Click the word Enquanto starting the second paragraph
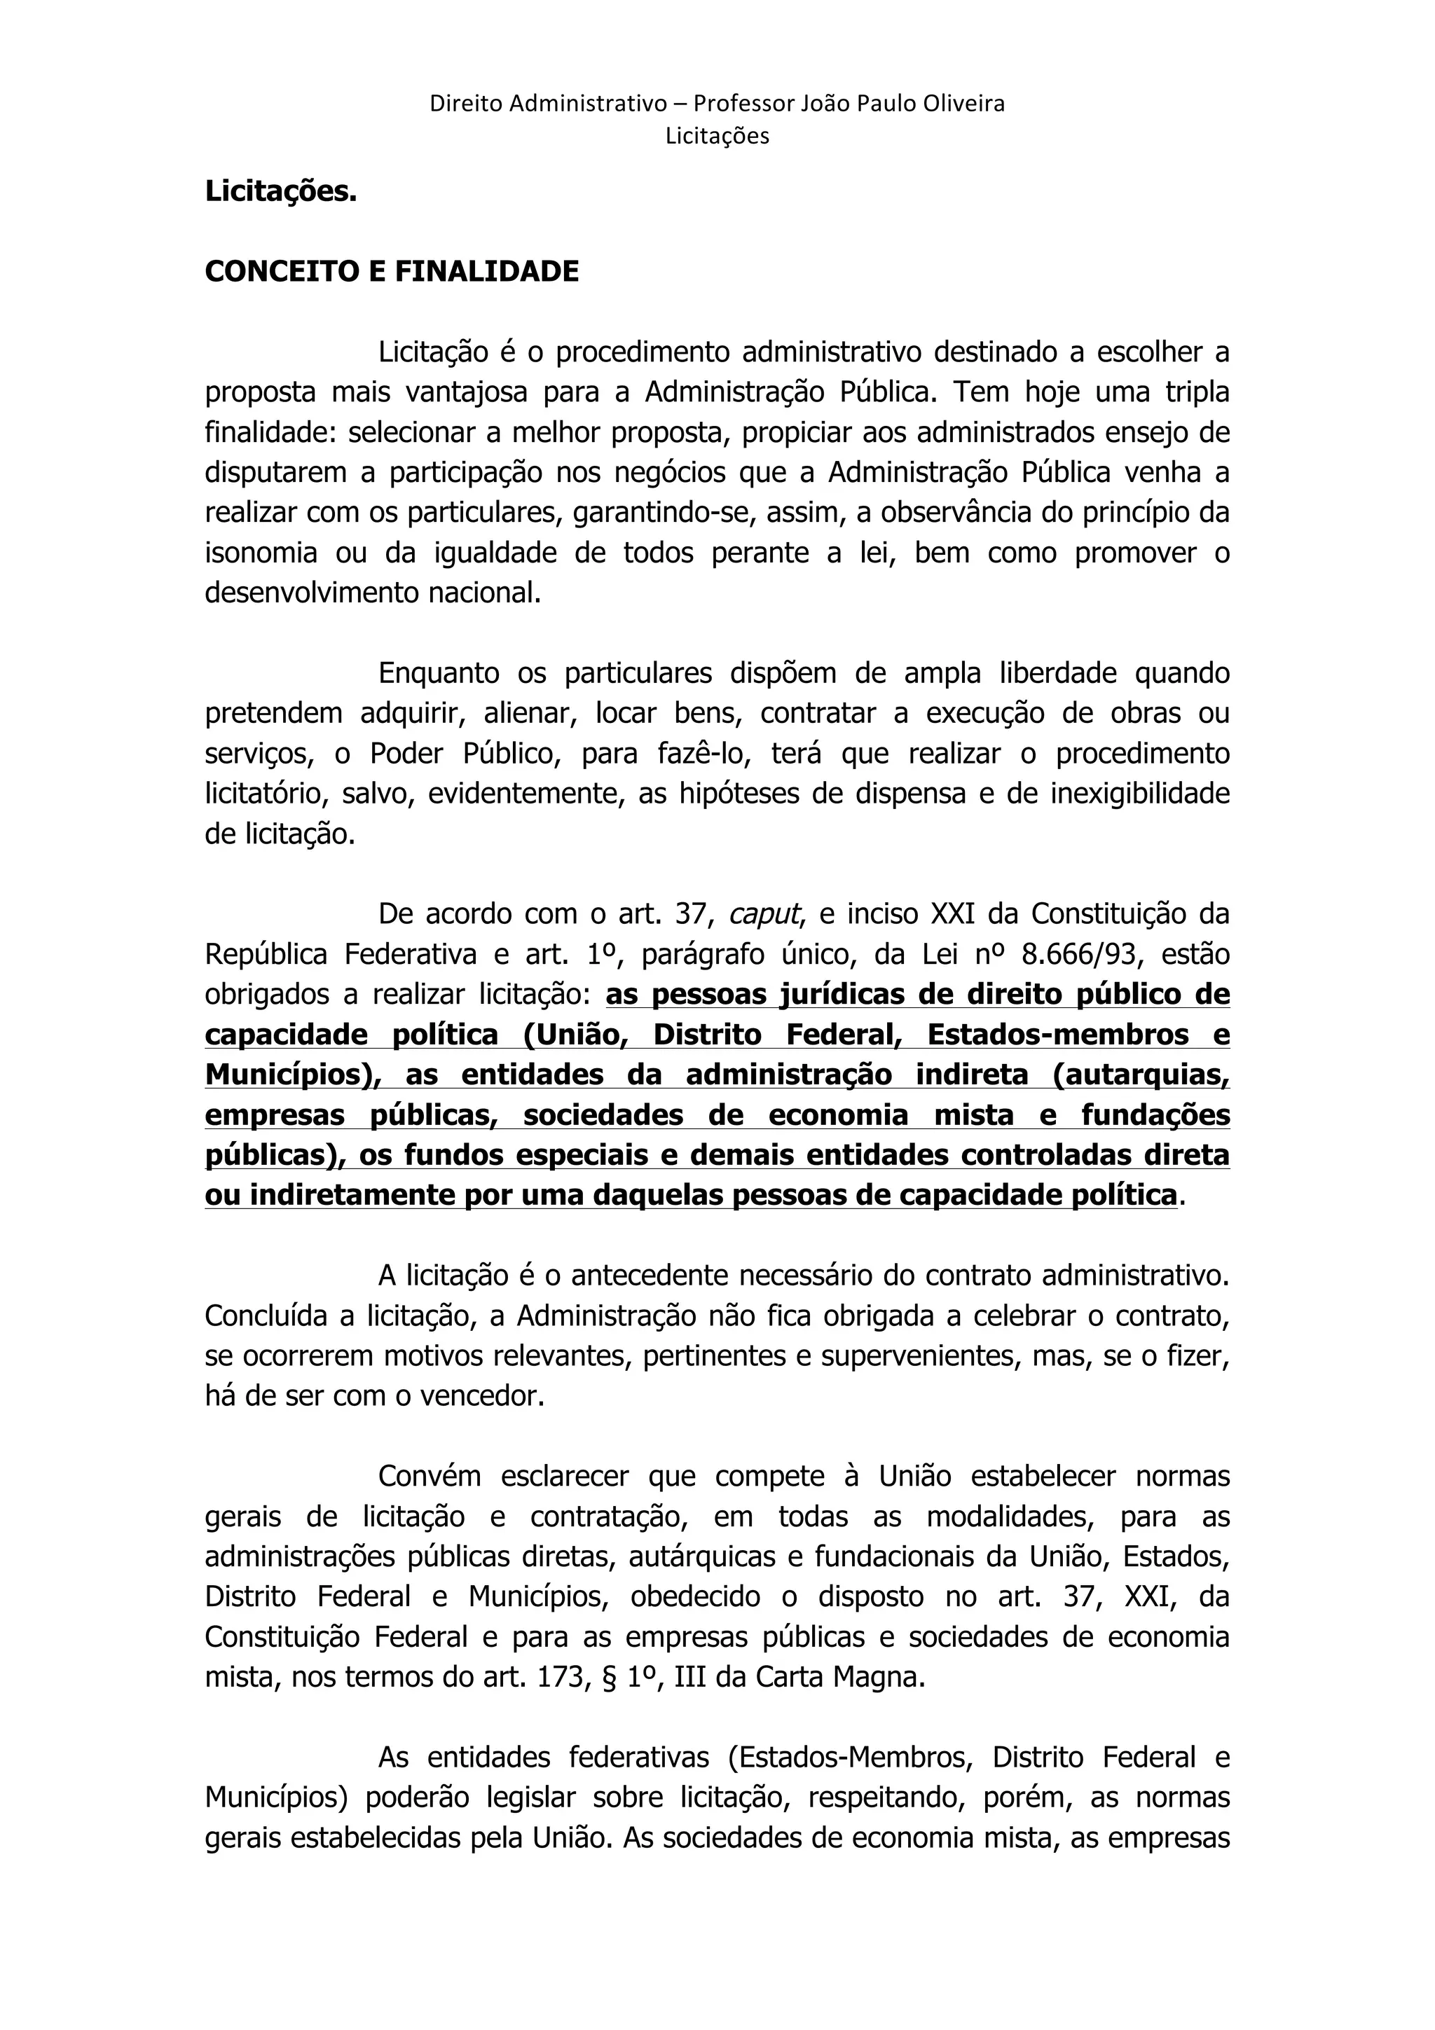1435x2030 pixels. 438,674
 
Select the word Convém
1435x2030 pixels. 430,1477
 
